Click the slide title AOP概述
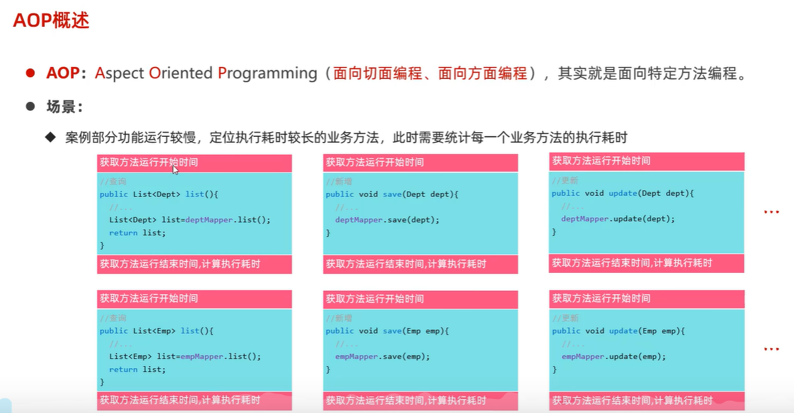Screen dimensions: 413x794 [51, 21]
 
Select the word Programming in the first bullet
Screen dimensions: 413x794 [267, 73]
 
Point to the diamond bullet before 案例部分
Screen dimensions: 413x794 [50, 137]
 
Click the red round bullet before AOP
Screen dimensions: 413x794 [30, 73]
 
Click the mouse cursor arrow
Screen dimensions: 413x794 [176, 170]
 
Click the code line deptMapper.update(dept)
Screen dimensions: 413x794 [618, 219]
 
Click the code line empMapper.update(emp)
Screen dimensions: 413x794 [614, 357]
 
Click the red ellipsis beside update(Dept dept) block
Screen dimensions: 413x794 [772, 213]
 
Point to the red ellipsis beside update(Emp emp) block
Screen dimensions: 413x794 [772, 349]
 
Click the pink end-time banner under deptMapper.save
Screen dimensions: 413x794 [420, 264]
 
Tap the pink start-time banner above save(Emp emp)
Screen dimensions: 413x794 [420, 299]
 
